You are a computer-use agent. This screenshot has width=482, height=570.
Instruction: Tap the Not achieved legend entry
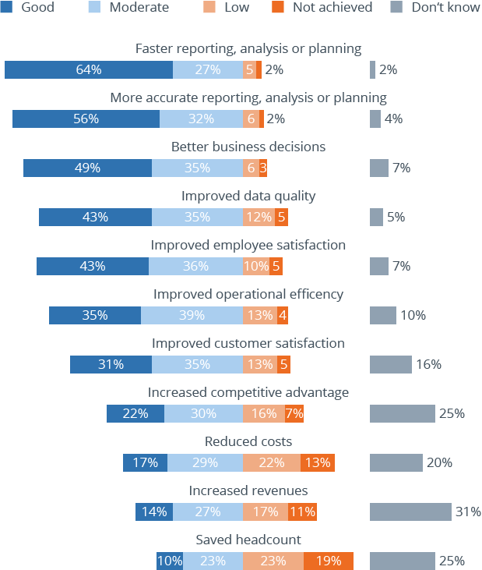(x=324, y=8)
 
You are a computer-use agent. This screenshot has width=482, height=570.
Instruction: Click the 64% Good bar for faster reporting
(x=89, y=69)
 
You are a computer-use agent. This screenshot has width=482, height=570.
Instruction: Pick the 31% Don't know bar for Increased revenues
(x=410, y=512)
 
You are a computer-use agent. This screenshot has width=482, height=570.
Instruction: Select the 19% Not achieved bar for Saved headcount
(x=328, y=561)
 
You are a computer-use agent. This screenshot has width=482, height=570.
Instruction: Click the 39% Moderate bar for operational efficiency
(x=192, y=315)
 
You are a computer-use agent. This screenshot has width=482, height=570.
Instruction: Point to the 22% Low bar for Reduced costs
(x=271, y=462)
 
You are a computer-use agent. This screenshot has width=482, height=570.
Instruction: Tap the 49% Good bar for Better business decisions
(x=87, y=168)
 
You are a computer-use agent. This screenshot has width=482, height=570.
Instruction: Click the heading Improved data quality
(x=248, y=196)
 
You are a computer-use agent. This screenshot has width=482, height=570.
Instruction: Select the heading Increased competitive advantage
(x=248, y=392)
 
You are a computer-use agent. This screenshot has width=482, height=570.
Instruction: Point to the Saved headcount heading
(x=248, y=540)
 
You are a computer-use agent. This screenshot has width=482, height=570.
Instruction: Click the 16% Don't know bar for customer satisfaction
(x=390, y=364)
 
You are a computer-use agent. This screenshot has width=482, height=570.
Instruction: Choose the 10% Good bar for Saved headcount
(x=170, y=561)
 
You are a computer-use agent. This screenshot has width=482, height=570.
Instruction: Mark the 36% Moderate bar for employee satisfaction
(x=195, y=266)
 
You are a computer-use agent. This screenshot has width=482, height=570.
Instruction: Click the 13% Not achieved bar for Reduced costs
(x=317, y=462)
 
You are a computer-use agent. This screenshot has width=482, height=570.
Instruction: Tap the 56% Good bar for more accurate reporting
(x=86, y=119)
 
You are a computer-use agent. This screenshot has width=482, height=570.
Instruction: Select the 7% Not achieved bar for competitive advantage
(x=294, y=413)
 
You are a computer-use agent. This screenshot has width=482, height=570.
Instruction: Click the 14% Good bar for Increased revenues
(x=154, y=512)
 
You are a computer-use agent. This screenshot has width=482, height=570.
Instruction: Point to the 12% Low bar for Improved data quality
(x=258, y=217)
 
